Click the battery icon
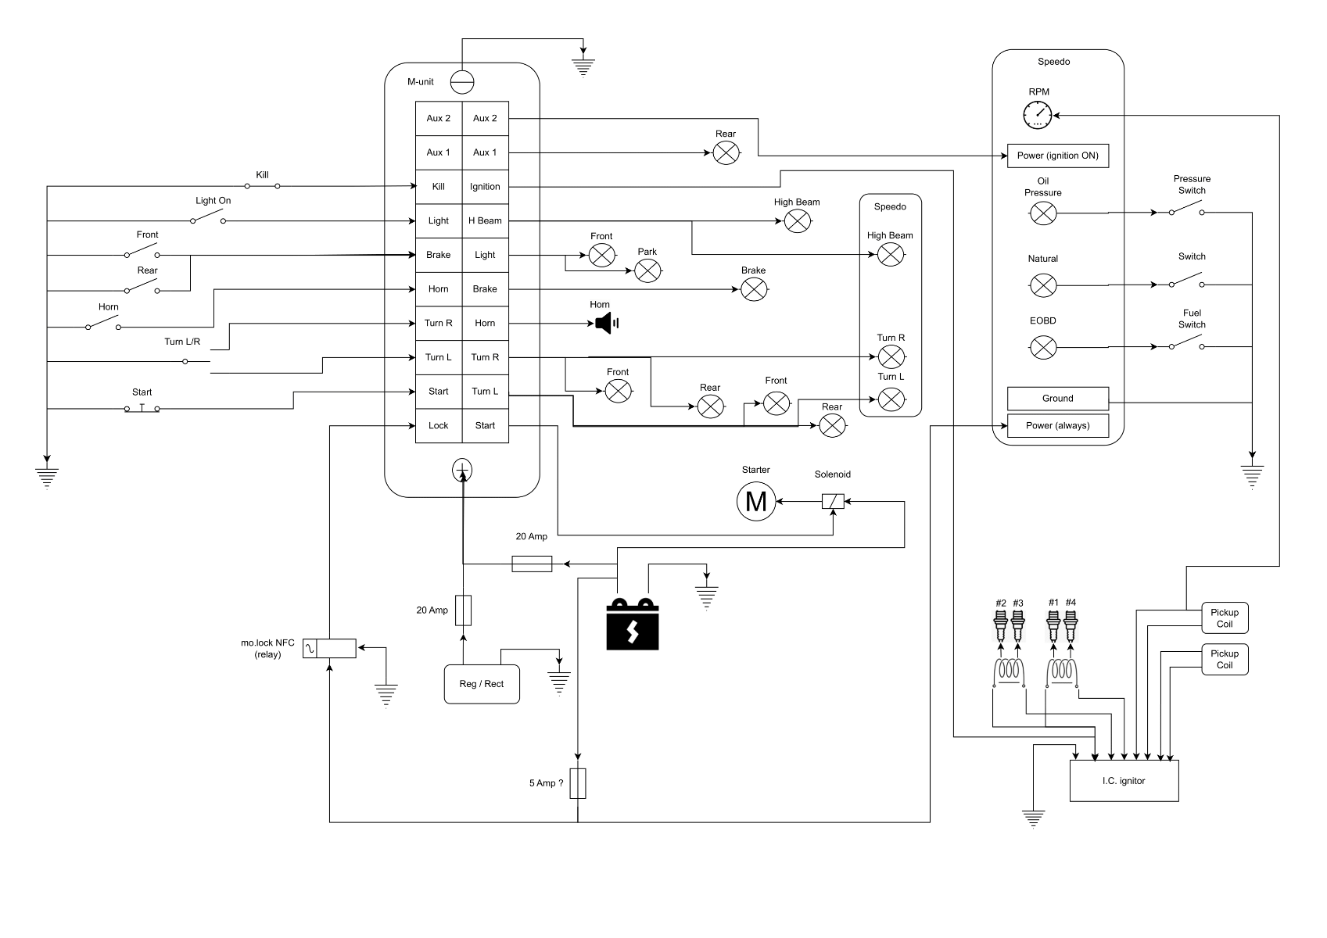pyautogui.click(x=633, y=625)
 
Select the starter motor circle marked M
pyautogui.click(x=756, y=501)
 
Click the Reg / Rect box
pyautogui.click(x=482, y=684)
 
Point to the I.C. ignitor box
pyautogui.click(x=1124, y=781)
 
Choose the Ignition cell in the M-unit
pyautogui.click(x=485, y=187)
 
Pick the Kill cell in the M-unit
pyautogui.click(x=439, y=187)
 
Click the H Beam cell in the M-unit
pyautogui.click(x=485, y=220)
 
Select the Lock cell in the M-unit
pyautogui.click(x=439, y=425)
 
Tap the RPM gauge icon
pyautogui.click(x=1038, y=116)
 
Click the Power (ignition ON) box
pyautogui.click(x=1057, y=156)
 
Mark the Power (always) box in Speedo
pyautogui.click(x=1057, y=425)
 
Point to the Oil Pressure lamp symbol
pyautogui.click(x=1043, y=213)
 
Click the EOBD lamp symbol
pyautogui.click(x=1043, y=347)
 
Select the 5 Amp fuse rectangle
pyautogui.click(x=578, y=783)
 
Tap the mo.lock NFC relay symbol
pyautogui.click(x=329, y=648)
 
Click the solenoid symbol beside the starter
pyautogui.click(x=833, y=501)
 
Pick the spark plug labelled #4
pyautogui.click(x=1071, y=625)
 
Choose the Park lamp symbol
pyautogui.click(x=647, y=270)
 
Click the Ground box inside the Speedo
pyautogui.click(x=1057, y=399)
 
